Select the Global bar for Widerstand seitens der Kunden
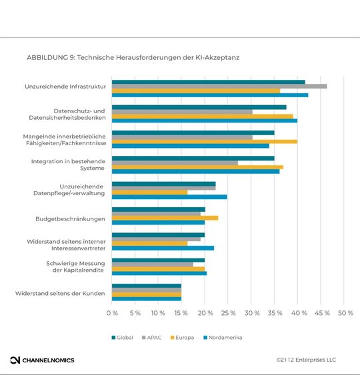(x=146, y=286)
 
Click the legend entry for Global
(x=123, y=338)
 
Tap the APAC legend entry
(x=151, y=338)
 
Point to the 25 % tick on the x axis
(x=228, y=312)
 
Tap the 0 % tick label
(x=112, y=312)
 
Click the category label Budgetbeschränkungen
(x=70, y=218)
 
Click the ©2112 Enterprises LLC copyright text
(x=306, y=360)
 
